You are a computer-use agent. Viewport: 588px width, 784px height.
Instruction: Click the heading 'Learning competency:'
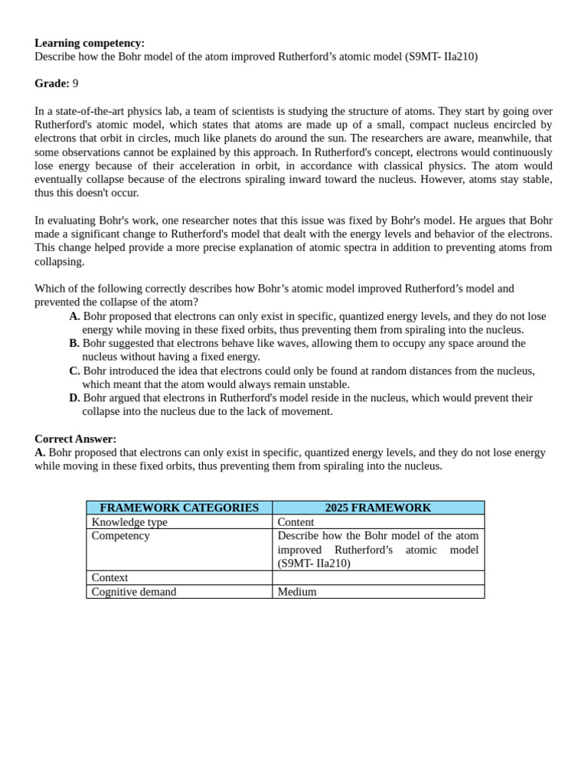89,43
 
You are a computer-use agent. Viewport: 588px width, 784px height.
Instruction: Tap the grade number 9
75,83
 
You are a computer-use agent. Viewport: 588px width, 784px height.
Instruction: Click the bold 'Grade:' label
51,83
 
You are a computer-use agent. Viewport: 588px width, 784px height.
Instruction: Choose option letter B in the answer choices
74,343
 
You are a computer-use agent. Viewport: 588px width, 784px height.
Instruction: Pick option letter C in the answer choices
74,371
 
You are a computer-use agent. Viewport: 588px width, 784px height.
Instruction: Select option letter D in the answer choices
74,398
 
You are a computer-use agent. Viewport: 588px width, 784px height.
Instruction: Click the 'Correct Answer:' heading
75,439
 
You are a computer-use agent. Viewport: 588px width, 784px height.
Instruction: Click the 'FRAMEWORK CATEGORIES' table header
179,508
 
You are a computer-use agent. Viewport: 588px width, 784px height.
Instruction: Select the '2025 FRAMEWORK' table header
378,508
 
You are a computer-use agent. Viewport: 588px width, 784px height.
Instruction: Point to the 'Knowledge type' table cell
129,522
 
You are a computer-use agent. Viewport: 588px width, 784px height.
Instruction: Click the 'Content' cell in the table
296,522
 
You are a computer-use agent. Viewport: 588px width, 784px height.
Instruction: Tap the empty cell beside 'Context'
378,578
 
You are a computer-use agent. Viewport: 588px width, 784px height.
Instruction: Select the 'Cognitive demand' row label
134,592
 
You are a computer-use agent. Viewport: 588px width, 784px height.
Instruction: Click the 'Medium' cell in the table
297,592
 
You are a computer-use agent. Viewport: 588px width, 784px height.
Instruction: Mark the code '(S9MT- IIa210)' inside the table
314,563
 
